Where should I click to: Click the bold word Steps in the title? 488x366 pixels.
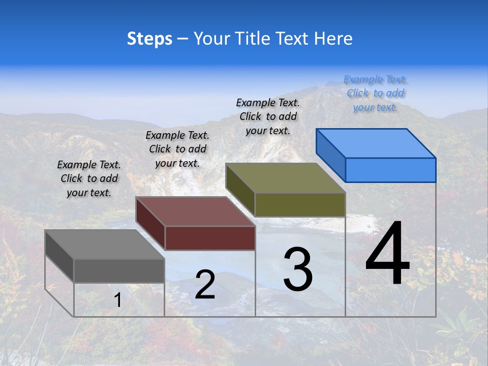[149, 39]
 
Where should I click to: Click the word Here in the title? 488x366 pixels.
[333, 39]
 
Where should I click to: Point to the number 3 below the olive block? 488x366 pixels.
[298, 270]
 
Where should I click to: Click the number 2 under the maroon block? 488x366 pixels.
[205, 285]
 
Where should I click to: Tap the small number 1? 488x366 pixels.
[117, 300]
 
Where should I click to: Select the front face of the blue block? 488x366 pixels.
[390, 170]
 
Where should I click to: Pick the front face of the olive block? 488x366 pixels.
[300, 204]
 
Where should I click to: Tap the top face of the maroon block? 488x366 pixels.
[196, 211]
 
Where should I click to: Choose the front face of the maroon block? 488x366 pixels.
[210, 238]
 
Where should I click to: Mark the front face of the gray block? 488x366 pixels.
[119, 271]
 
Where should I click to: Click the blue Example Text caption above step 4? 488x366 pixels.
[375, 93]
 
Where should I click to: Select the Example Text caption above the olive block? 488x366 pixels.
[268, 116]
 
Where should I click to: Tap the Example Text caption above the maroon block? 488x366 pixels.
[177, 149]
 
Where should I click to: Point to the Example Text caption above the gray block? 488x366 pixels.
[89, 178]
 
